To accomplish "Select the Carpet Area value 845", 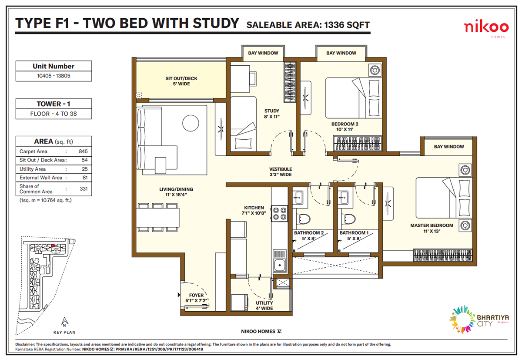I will [84, 151].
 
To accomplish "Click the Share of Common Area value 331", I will [84, 189].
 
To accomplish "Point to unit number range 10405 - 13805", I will [54, 77].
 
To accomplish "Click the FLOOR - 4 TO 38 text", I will [54, 114].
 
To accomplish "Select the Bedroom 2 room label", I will [344, 127].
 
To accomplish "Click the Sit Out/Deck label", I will [181, 81].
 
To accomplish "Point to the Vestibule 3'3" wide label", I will [280, 172].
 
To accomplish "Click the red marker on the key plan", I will [53, 246].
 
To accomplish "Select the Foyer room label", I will [193, 298].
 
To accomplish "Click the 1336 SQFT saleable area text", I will [346, 25].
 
